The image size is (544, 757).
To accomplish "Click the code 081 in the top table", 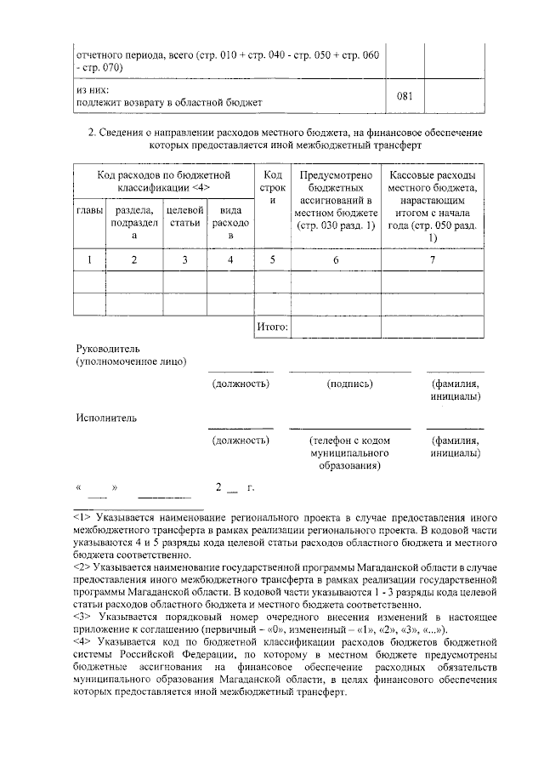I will (x=405, y=95).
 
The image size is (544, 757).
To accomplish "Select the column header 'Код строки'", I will (x=273, y=187).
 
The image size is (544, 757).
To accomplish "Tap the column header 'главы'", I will (x=89, y=210).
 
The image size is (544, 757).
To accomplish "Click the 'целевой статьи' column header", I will (x=184, y=216).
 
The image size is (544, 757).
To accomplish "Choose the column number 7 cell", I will (x=433, y=260).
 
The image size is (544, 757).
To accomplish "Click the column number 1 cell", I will (x=89, y=260).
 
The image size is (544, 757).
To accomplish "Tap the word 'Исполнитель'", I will (x=105, y=418).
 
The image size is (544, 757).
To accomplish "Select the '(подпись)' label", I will (x=349, y=384).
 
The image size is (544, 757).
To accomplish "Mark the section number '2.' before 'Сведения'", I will (x=93, y=134).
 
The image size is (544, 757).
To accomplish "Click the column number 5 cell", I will (x=273, y=260).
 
